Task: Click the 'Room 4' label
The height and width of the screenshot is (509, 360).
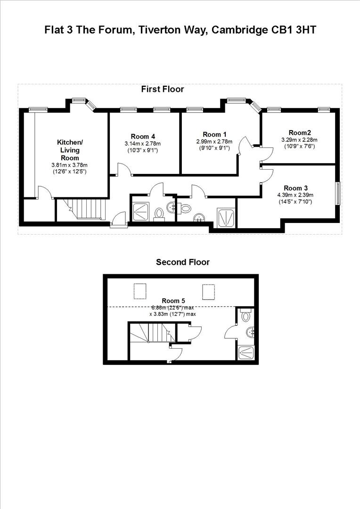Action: point(143,137)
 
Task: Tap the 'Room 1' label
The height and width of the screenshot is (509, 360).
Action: point(214,134)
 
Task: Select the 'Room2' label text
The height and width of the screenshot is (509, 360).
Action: point(300,132)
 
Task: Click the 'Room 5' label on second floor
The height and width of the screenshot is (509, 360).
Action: point(173,301)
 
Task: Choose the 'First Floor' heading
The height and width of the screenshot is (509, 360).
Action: point(163,89)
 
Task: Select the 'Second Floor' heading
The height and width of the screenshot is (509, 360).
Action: point(183,262)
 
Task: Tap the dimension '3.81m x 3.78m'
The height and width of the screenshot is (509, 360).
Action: point(70,165)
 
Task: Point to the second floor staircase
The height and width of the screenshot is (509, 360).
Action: point(147,333)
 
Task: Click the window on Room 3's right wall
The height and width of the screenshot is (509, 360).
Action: point(337,193)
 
